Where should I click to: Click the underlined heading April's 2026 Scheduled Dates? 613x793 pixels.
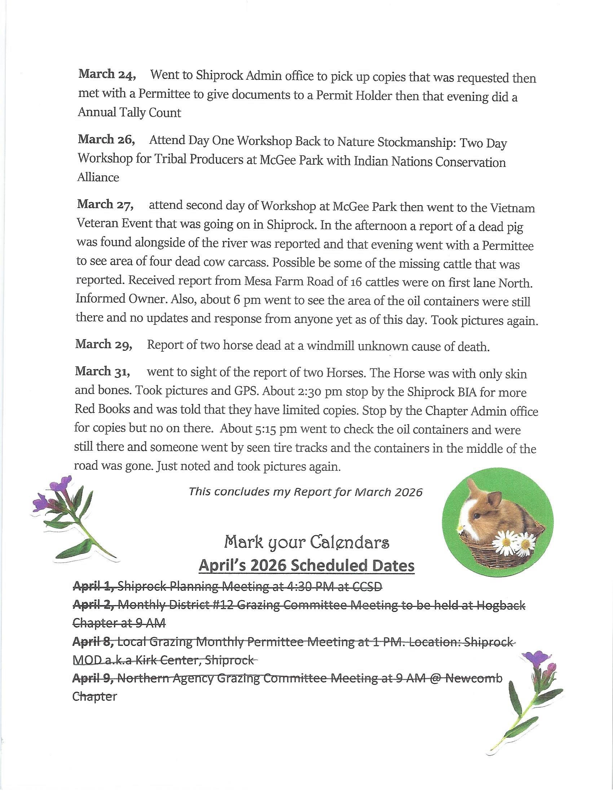(x=306, y=566)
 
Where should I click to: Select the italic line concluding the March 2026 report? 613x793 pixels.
(x=306, y=492)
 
